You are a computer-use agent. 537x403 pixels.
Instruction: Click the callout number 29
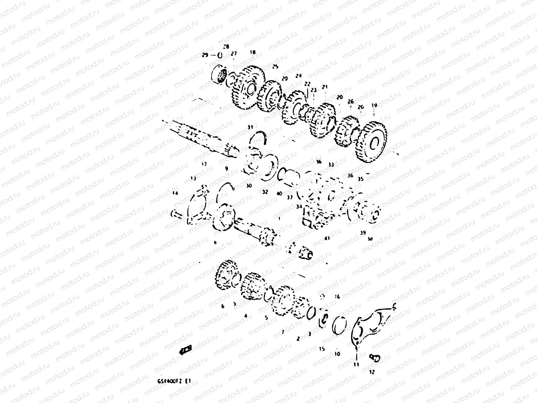tap(205, 55)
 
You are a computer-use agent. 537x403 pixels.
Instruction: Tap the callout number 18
tap(253, 52)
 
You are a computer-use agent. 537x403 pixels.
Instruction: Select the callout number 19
tap(374, 105)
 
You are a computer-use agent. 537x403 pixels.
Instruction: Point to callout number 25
tap(276, 67)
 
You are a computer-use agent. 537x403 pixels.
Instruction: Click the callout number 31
tap(250, 127)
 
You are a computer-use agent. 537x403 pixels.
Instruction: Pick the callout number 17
tap(204, 164)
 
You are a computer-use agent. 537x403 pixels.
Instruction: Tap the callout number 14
tap(175, 193)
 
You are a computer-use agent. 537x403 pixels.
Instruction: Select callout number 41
tap(327, 238)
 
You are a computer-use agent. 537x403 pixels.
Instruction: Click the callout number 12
tap(372, 372)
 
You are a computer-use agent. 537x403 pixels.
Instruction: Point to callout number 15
tap(322, 349)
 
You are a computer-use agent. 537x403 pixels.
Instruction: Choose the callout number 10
tap(337, 354)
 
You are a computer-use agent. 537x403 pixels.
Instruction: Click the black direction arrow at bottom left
tap(186, 350)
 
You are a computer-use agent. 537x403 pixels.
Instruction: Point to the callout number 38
tap(370, 239)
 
